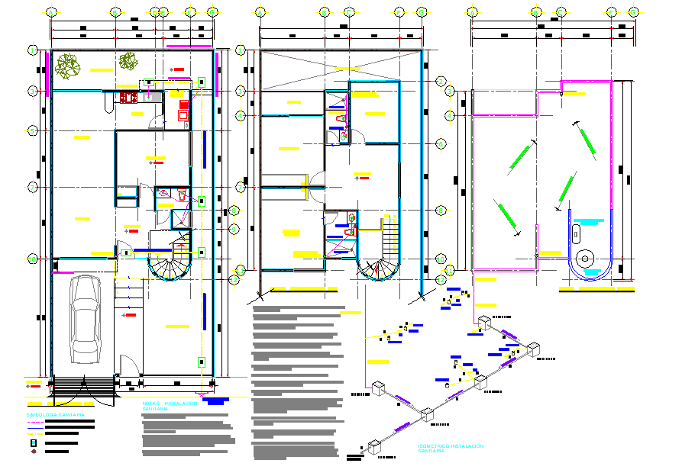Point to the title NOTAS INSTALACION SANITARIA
169,406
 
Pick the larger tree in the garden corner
69,66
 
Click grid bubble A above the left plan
51,13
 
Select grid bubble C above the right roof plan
561,13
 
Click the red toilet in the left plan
181,195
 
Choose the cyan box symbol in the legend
33,442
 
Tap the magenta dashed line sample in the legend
34,432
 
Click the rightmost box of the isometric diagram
532,350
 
